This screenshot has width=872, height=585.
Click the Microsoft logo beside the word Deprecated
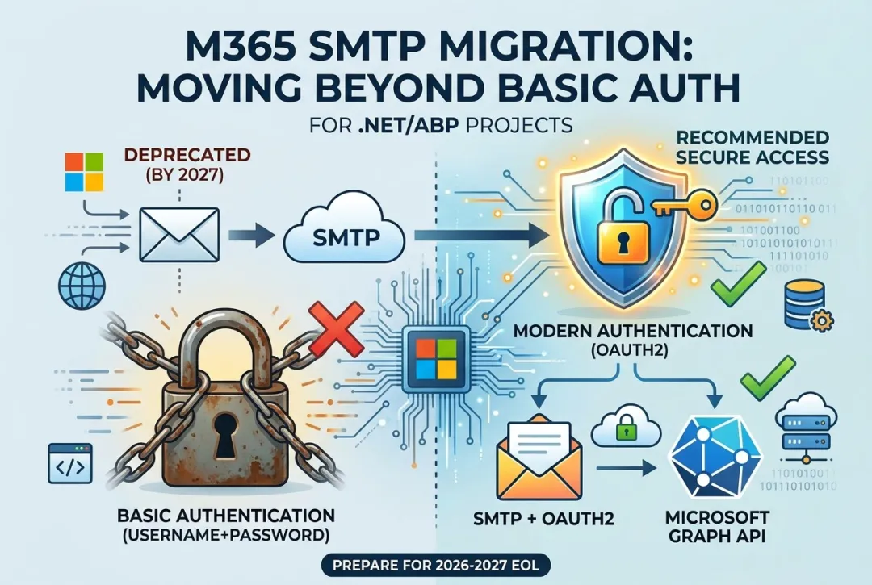(85, 172)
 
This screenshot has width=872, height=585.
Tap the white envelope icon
(179, 235)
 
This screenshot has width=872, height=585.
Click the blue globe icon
(82, 286)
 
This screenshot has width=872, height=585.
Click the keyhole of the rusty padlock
(225, 435)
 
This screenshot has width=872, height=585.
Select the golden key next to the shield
(684, 206)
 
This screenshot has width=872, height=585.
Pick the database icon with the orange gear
(807, 306)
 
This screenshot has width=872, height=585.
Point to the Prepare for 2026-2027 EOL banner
(436, 566)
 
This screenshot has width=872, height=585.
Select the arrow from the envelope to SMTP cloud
(251, 235)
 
